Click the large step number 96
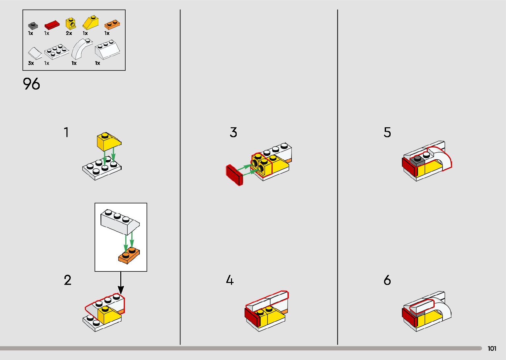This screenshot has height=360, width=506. [x=31, y=84]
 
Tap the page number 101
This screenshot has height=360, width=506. [x=492, y=348]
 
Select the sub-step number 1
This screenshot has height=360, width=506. [x=66, y=133]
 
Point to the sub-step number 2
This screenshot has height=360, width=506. [x=67, y=280]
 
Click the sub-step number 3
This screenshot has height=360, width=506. [x=233, y=133]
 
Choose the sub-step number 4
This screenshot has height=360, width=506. [x=230, y=280]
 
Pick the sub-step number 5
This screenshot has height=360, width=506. [x=387, y=133]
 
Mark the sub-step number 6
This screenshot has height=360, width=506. [x=387, y=280]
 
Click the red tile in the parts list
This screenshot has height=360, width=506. [x=52, y=25]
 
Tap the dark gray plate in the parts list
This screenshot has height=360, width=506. [x=33, y=25]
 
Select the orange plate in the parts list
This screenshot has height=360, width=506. [x=112, y=24]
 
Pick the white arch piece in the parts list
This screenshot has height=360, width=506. [x=81, y=49]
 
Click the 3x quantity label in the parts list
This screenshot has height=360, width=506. [x=31, y=63]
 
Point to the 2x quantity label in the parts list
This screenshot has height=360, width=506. [x=69, y=33]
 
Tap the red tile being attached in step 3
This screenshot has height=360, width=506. [x=234, y=175]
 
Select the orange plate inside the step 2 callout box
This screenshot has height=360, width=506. [x=129, y=256]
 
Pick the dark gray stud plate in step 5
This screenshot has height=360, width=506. [x=417, y=161]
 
